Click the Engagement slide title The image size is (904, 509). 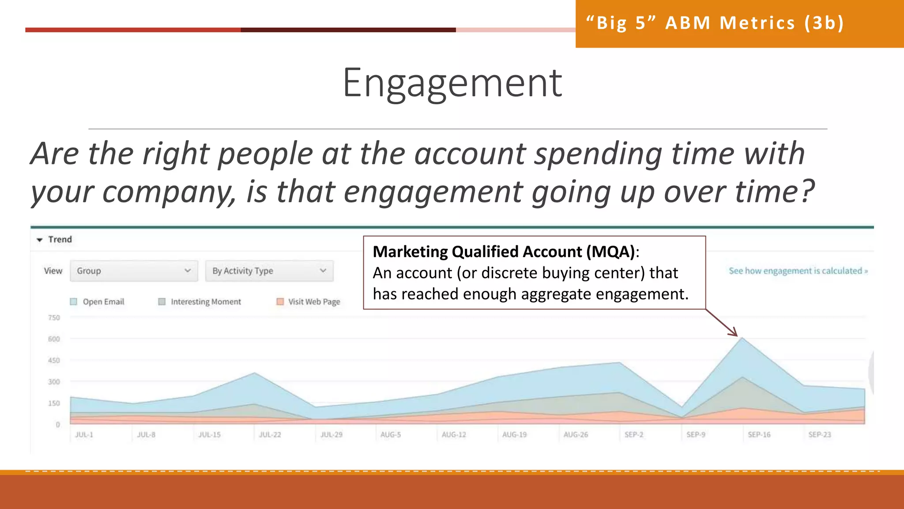point(452,84)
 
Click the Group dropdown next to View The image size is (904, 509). point(133,271)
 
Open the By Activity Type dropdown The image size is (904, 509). point(269,271)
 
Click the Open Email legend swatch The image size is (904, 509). point(74,302)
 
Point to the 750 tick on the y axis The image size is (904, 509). point(54,318)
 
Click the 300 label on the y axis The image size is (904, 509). point(54,382)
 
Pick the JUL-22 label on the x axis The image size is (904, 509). point(270,435)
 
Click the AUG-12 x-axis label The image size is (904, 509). point(454,435)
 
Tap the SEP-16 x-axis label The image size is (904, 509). point(759,435)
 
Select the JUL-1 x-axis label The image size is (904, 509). point(84,435)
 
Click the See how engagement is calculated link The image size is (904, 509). point(798,271)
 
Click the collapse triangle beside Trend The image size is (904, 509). point(40,240)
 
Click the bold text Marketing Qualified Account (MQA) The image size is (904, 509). point(503,252)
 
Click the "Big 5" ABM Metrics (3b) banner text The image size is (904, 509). point(715,23)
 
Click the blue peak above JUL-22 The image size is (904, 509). point(255,374)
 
